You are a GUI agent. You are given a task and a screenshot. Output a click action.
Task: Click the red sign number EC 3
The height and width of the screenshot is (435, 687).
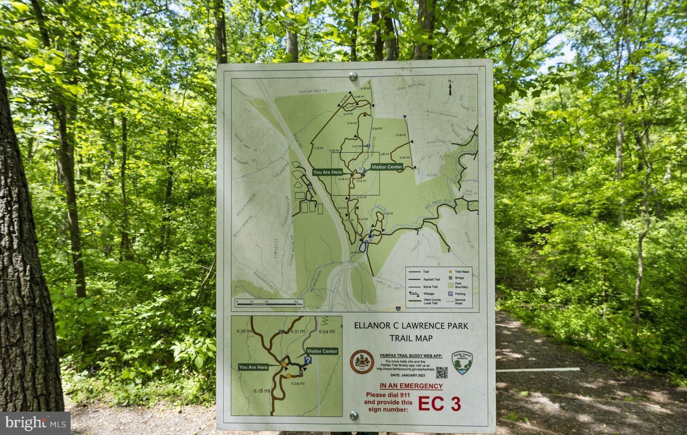439,403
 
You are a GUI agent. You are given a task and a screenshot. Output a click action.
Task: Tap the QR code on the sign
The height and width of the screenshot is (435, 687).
441,373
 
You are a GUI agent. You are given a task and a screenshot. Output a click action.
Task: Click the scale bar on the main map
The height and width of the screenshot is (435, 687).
266,303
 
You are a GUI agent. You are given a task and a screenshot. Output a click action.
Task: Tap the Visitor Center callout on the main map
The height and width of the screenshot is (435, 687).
386,167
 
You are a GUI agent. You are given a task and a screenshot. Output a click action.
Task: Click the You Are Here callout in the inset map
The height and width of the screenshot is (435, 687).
253,367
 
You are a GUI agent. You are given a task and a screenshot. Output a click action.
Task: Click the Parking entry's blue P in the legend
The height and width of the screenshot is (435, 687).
449,294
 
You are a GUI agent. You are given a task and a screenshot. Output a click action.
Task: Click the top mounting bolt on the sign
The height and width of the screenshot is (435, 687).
353,75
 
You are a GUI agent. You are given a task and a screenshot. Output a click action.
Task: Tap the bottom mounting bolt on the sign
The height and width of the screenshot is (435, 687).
353,415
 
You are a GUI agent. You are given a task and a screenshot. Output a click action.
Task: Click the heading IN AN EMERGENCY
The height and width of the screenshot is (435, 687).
411,386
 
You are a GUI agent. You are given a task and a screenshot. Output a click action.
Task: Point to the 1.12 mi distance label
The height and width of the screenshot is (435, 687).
319,148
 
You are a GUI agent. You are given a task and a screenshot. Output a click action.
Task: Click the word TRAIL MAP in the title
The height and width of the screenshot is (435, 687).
411,338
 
